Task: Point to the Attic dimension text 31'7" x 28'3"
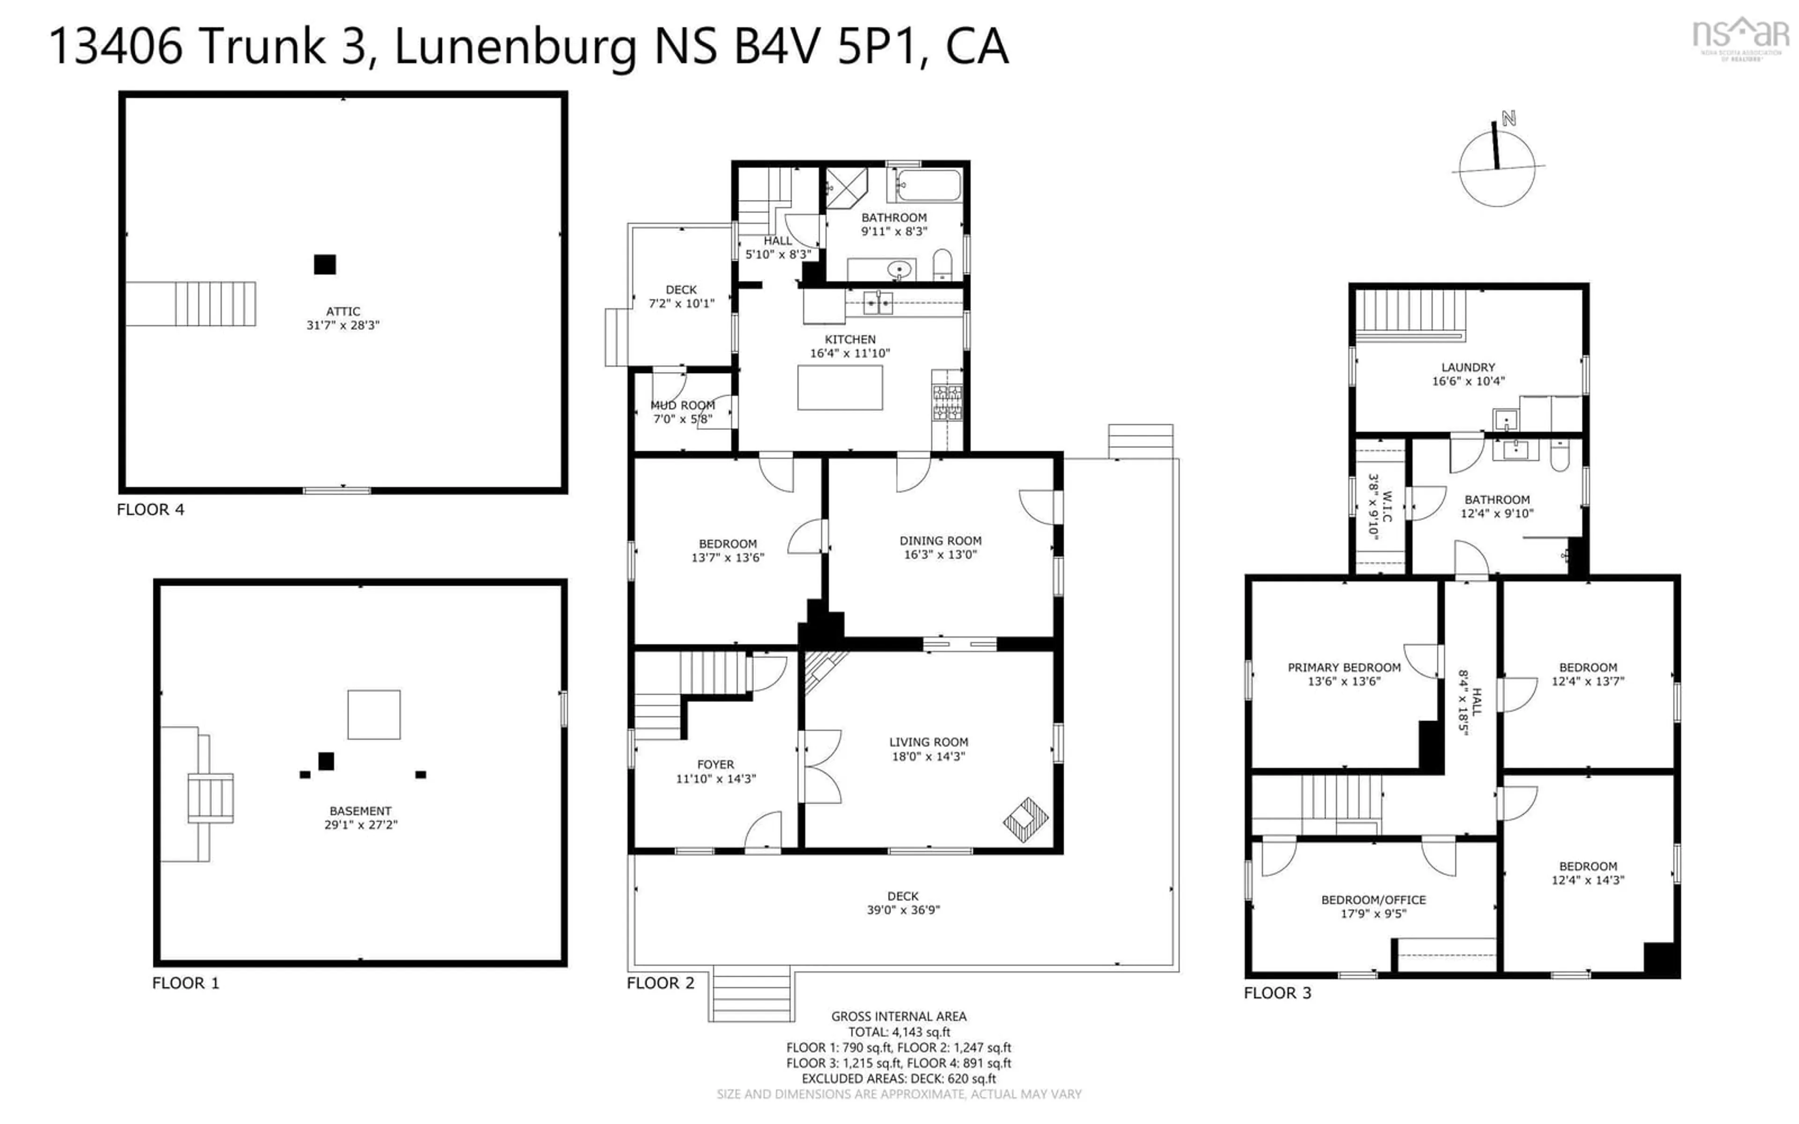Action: point(343,325)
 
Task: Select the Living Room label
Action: point(929,742)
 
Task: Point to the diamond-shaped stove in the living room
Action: point(1025,819)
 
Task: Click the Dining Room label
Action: point(940,540)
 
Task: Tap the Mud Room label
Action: point(683,405)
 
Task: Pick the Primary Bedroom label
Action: point(1344,667)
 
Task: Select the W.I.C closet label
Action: point(1386,505)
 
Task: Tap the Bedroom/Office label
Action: point(1373,900)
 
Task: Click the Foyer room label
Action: point(715,764)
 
